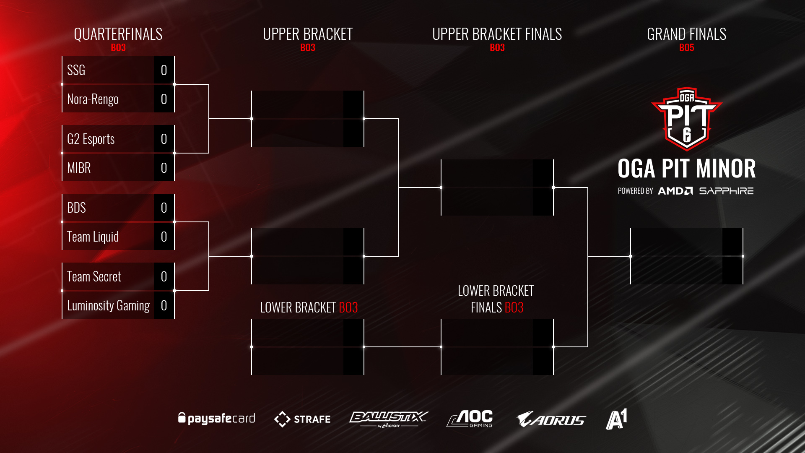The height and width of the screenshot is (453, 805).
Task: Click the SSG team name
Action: [76, 70]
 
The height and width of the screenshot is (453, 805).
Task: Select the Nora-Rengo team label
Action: [93, 99]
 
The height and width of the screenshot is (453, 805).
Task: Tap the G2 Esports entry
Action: [91, 139]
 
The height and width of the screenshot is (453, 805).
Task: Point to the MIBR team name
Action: [79, 168]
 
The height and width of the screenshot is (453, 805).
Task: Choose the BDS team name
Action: [76, 208]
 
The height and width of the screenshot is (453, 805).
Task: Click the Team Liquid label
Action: [93, 237]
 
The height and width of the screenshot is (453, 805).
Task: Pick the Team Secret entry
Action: [94, 276]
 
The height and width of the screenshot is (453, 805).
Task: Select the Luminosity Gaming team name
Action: [108, 305]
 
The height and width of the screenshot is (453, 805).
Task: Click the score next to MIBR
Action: [164, 168]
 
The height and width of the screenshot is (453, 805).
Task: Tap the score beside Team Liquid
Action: [164, 237]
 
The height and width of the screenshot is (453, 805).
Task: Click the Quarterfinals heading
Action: [118, 34]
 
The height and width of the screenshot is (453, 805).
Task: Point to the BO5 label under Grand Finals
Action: [686, 48]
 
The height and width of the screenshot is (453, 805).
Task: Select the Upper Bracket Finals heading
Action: [497, 34]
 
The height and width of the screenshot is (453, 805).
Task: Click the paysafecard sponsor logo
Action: [216, 418]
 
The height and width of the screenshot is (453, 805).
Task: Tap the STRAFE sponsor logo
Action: [302, 419]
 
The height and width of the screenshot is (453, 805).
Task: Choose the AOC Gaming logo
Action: [470, 419]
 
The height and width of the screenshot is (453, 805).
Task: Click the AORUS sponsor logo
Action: [551, 419]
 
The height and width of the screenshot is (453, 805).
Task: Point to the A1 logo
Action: [616, 419]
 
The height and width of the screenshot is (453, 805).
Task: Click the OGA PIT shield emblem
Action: [686, 119]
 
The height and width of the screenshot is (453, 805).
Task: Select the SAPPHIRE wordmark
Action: [726, 191]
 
